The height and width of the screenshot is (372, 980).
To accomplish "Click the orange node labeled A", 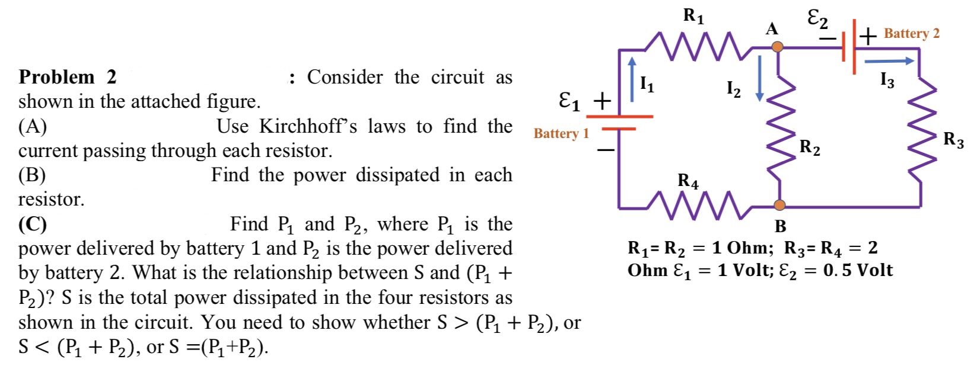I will click(x=777, y=47).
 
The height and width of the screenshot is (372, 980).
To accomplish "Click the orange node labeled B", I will click(x=779, y=205).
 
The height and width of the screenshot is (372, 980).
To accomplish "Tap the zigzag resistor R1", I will click(x=692, y=47).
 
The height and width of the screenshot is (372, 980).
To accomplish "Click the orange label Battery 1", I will click(x=561, y=133).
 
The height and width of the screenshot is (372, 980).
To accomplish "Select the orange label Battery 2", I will click(x=912, y=33).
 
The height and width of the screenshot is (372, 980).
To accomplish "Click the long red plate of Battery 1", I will click(x=619, y=117).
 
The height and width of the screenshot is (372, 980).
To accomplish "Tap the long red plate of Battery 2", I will click(x=854, y=47).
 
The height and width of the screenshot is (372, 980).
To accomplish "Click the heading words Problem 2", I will click(x=68, y=77).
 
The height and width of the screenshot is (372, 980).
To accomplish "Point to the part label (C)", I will click(x=33, y=224).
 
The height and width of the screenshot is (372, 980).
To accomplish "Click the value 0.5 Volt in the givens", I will click(x=858, y=270).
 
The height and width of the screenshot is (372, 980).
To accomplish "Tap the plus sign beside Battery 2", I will click(x=868, y=36).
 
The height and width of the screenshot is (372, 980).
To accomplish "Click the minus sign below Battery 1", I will click(x=606, y=151).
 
